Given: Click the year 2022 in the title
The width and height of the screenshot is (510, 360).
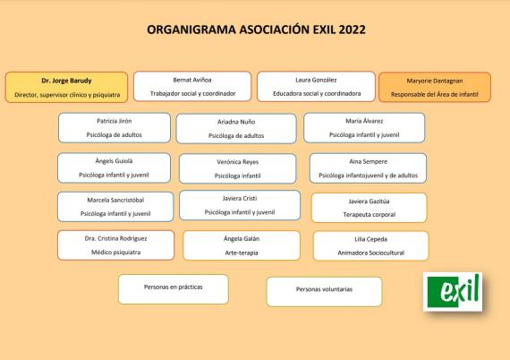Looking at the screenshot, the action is coord(352,30).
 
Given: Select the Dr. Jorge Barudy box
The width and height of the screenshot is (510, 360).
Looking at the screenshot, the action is coord(66,87).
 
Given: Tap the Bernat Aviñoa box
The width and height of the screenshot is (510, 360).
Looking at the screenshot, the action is coord(192,86).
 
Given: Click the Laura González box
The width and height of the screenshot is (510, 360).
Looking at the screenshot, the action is coord(316,87).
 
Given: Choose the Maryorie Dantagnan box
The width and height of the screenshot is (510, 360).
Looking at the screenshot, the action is coord(435,87).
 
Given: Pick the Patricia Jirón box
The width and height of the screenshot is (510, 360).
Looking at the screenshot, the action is coord(115,127).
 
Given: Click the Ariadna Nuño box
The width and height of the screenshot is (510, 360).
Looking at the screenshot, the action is coord(236,129).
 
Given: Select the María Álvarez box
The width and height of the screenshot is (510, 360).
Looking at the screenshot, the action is coord(364,127).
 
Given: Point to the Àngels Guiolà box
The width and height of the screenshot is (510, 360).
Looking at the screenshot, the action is coord(114,167).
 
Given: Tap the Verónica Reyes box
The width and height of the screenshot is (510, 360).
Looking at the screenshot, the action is coord(237,168).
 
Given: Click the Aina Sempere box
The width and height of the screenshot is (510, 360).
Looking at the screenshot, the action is coord(368,168).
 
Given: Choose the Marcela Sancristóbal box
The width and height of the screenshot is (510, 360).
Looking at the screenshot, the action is coord(115,207).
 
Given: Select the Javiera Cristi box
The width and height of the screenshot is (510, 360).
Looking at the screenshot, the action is coord(240,205).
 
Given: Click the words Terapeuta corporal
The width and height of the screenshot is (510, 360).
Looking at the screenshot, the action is coord(370,215).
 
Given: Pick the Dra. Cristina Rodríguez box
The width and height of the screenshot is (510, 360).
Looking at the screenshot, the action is coord(115,245).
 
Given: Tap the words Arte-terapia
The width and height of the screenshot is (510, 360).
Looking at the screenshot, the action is coord(242,253).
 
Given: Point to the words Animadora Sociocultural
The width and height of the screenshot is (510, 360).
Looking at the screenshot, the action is coord(370,253).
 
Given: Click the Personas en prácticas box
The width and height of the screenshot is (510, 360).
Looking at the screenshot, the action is coord(174,289).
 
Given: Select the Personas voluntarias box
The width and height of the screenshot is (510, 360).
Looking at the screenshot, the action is coord(324,292).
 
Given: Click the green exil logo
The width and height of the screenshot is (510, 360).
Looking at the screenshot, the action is coord(453,292).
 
